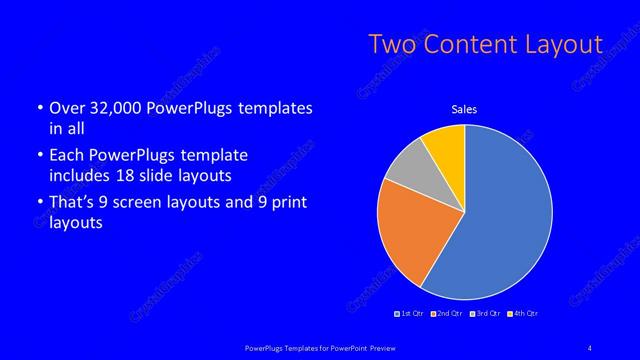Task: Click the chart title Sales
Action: [x=464, y=108]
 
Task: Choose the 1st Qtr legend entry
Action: [x=411, y=314]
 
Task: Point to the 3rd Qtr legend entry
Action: [x=484, y=314]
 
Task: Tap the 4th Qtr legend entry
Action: [x=523, y=314]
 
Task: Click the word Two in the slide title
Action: [x=392, y=44]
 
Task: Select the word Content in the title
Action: [x=468, y=44]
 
